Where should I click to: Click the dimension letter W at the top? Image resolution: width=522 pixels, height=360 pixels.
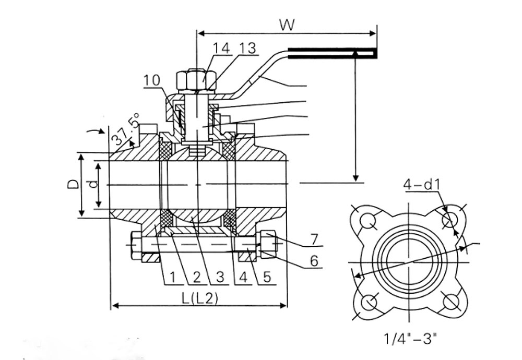(x=287, y=25)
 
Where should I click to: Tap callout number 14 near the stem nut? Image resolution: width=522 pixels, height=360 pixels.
(x=221, y=48)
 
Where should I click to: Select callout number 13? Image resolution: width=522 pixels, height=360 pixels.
(x=247, y=48)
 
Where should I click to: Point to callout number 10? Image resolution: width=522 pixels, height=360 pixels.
(x=152, y=80)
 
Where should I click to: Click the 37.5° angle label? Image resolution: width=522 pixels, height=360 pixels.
(x=125, y=129)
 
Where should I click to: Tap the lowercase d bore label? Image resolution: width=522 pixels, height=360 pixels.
(x=94, y=184)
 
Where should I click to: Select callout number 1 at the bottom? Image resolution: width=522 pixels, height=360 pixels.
(x=172, y=277)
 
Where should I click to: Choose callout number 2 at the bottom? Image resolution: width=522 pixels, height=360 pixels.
(x=197, y=277)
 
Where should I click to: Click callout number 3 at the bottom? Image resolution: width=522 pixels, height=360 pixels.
(x=220, y=277)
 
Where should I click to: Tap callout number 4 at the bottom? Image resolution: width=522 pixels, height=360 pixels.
(x=243, y=277)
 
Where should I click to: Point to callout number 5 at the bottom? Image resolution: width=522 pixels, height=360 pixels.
(x=267, y=277)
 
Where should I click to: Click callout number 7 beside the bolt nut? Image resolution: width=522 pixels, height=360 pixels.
(x=314, y=239)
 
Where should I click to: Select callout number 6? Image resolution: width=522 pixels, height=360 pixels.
(x=314, y=261)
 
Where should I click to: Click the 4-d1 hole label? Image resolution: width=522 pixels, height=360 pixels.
(x=422, y=184)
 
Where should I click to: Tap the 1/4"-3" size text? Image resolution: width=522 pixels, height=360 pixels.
(x=410, y=339)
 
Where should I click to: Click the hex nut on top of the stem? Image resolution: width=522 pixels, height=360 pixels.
(x=196, y=80)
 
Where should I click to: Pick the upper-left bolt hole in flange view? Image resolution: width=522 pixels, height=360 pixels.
(x=368, y=221)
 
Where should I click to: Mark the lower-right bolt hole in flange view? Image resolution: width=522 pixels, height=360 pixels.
(x=451, y=302)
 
